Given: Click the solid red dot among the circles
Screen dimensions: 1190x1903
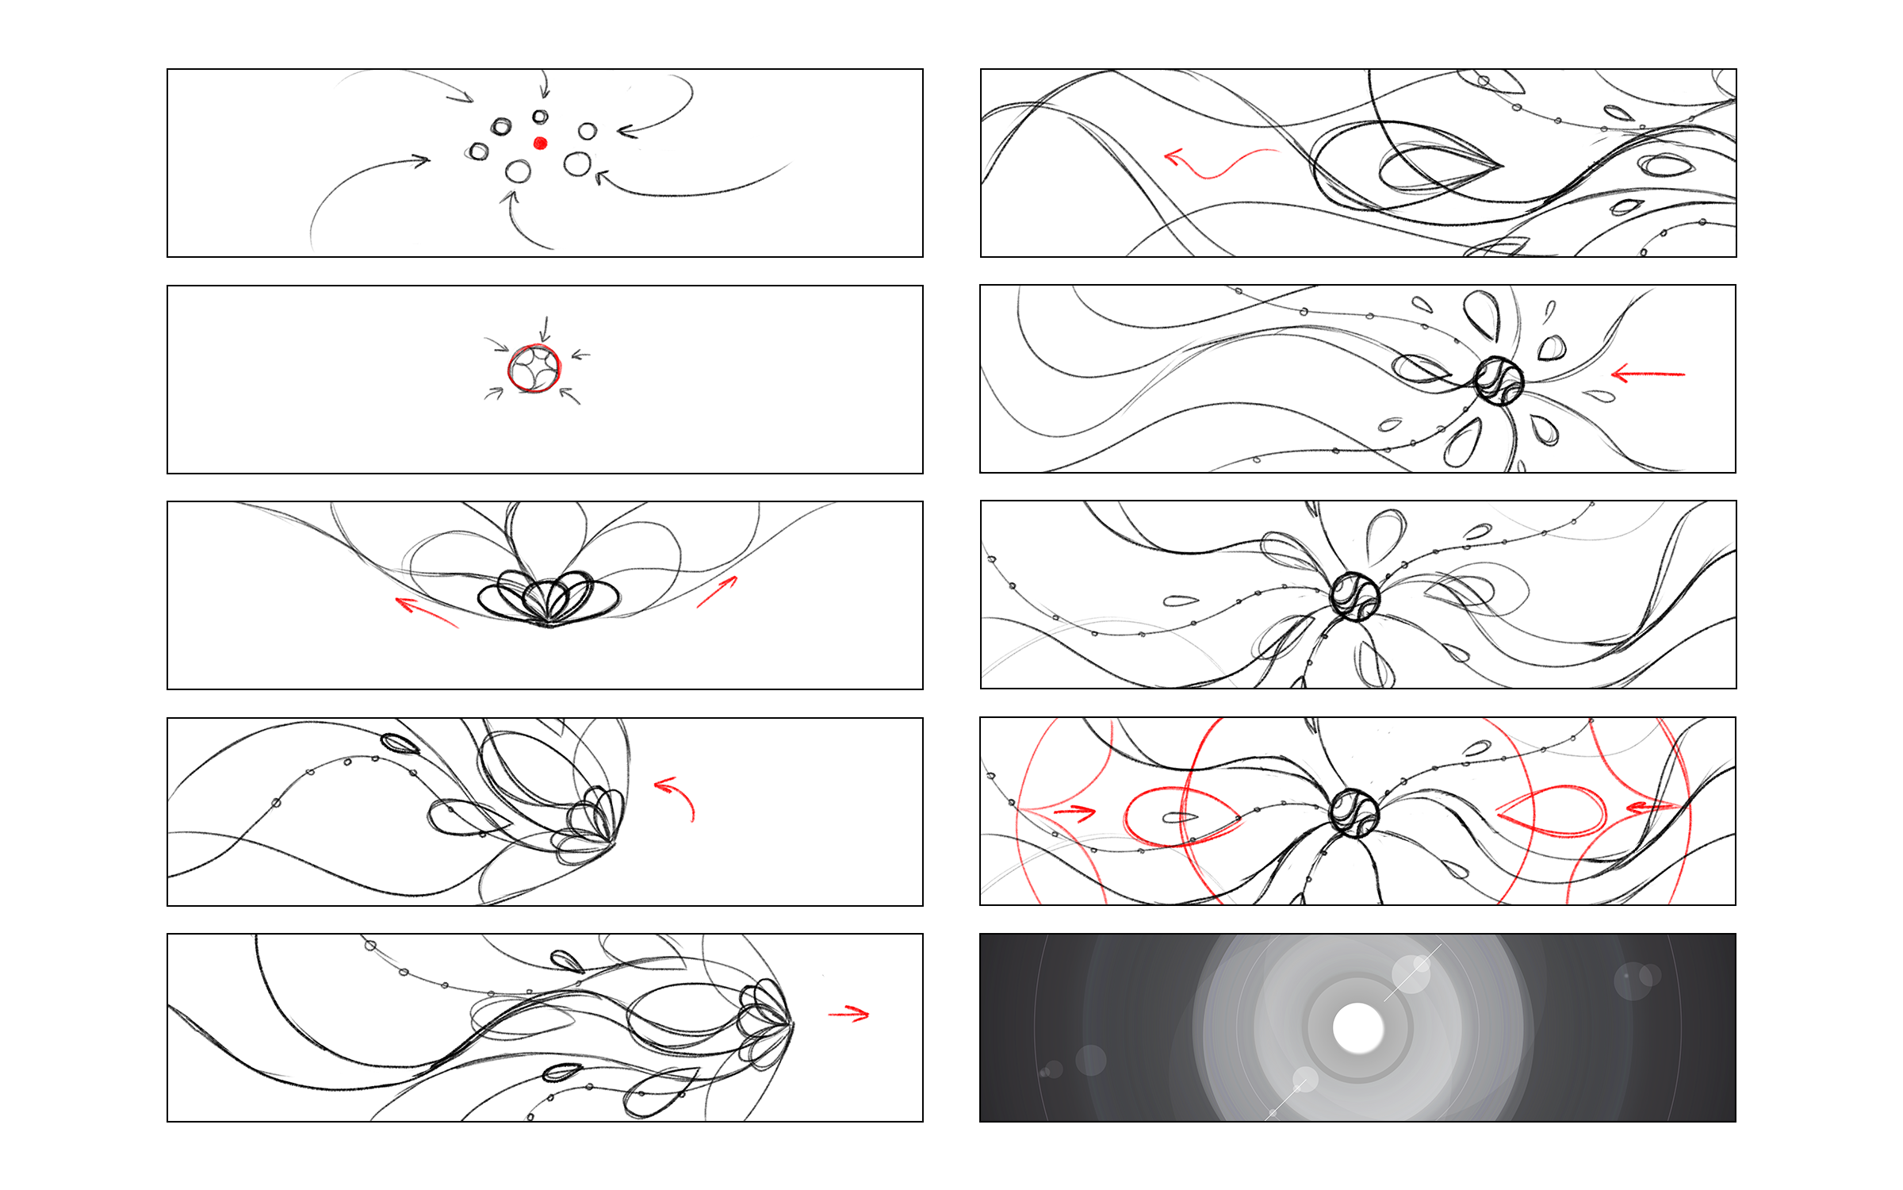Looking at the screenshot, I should (x=540, y=143).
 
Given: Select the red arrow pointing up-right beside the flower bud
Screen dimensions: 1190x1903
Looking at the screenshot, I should (x=718, y=592).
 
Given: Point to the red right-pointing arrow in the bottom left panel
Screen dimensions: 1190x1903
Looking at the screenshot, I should (x=849, y=1013).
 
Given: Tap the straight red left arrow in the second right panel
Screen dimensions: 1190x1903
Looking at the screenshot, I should (x=1648, y=373).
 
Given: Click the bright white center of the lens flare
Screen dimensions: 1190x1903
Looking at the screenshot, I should (x=1357, y=1028).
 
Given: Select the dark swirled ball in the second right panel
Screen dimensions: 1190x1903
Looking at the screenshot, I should (x=1499, y=381).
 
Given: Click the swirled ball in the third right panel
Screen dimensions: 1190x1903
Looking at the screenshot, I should (x=1354, y=596).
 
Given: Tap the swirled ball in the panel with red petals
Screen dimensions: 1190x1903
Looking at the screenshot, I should (x=1354, y=813).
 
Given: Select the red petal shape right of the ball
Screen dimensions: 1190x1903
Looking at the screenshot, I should (x=1554, y=811).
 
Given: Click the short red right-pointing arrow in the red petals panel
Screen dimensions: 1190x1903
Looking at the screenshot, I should (x=1075, y=812).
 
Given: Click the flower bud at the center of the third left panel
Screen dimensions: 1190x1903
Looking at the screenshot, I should (x=549, y=601).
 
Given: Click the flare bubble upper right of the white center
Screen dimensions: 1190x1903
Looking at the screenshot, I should (x=1411, y=973).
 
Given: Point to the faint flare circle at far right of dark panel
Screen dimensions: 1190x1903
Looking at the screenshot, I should (x=1633, y=981).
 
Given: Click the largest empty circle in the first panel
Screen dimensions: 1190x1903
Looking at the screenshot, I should (x=577, y=164).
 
